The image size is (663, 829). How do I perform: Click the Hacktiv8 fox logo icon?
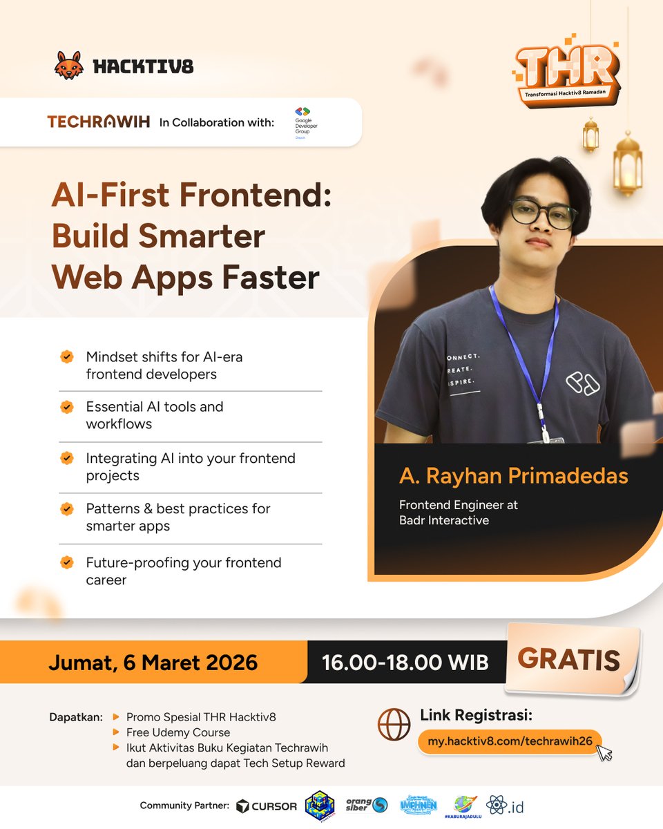pyautogui.click(x=69, y=65)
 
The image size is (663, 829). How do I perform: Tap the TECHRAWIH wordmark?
pyautogui.click(x=98, y=122)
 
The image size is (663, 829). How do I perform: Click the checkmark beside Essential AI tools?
pyautogui.click(x=67, y=407)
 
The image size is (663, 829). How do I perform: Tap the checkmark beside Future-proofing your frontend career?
pyautogui.click(x=67, y=562)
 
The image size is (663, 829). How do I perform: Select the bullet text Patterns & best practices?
pyautogui.click(x=177, y=509)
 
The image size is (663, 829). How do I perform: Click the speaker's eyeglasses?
pyautogui.click(x=543, y=213)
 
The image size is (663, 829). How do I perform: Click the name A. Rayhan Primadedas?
pyautogui.click(x=514, y=476)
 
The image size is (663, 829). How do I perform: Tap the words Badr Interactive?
pyautogui.click(x=443, y=521)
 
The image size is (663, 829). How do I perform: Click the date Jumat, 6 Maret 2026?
pyautogui.click(x=153, y=663)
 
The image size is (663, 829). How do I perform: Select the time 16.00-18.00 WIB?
pyautogui.click(x=405, y=663)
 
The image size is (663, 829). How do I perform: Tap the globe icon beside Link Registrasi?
pyautogui.click(x=394, y=725)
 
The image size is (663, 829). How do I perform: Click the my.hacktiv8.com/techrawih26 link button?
pyautogui.click(x=510, y=741)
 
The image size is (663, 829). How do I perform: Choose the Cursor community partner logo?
pyautogui.click(x=267, y=806)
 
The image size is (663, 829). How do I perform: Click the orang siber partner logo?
pyautogui.click(x=367, y=805)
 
